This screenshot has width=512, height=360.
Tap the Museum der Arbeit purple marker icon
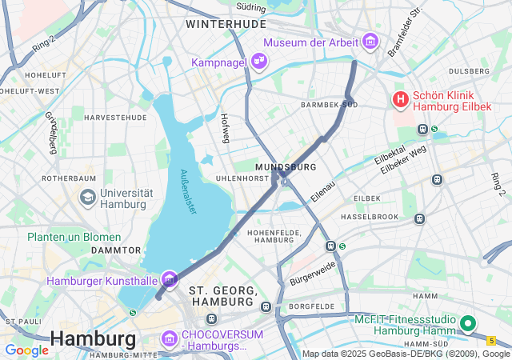tap(370, 41)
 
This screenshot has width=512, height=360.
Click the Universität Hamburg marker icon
tap(87, 196)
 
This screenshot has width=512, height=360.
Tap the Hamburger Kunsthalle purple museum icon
tap(169, 280)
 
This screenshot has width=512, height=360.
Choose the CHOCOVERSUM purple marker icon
tap(169, 338)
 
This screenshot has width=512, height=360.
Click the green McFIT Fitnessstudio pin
tap(468, 325)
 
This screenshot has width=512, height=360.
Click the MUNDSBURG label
tap(286, 166)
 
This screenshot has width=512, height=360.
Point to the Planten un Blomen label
tap(74, 237)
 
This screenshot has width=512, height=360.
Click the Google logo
tap(26, 350)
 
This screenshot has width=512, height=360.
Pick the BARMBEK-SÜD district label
tap(329, 105)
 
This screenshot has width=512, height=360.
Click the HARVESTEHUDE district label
tap(115, 117)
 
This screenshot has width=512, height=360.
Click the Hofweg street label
tap(225, 129)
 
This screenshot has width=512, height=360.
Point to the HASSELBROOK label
tap(369, 217)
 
